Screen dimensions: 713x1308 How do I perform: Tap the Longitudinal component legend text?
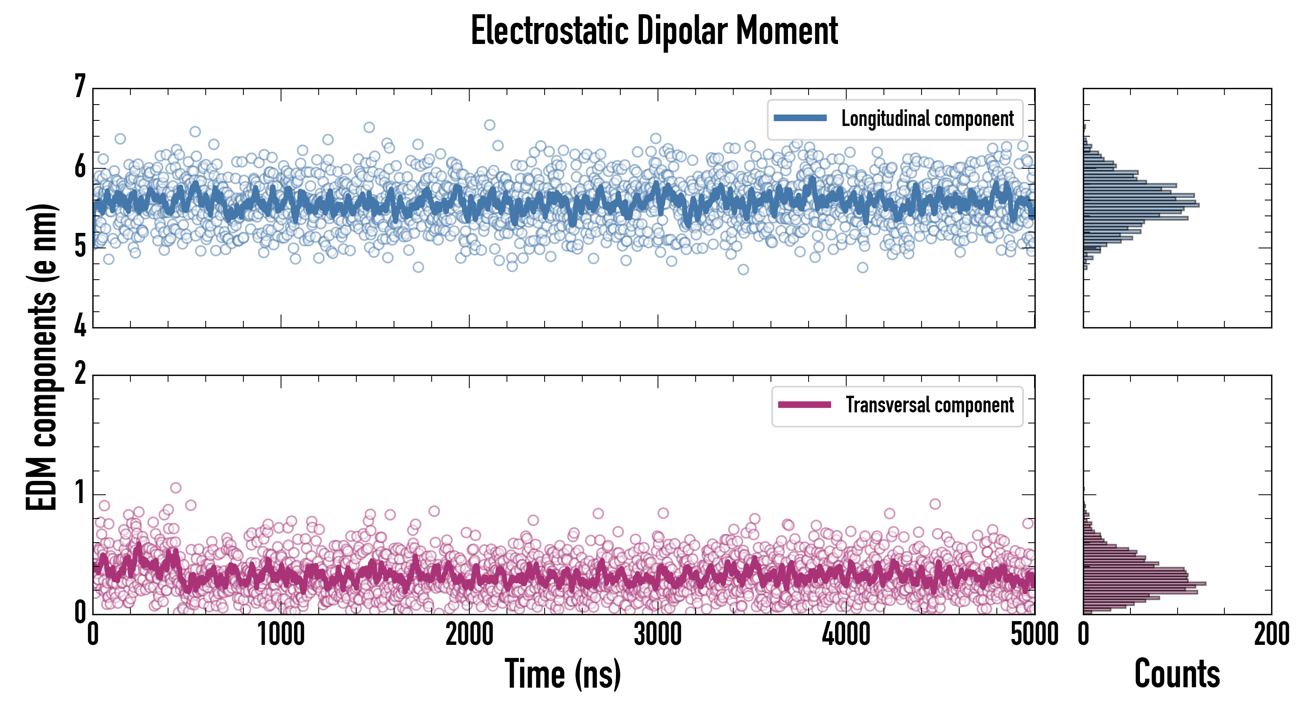[927, 119]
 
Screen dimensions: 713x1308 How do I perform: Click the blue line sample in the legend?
[800, 118]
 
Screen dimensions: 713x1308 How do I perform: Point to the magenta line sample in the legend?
[804, 404]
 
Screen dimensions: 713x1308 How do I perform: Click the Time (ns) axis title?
[562, 673]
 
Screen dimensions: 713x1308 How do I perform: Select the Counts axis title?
[1177, 673]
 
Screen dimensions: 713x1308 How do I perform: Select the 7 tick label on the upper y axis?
[80, 86]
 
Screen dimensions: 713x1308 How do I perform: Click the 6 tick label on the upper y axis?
[80, 166]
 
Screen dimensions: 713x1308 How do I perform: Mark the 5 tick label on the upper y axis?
[80, 247]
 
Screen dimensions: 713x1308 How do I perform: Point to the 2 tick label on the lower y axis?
[80, 374]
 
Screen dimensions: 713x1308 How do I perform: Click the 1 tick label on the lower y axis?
[80, 493]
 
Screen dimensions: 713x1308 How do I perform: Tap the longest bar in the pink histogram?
[1145, 583]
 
